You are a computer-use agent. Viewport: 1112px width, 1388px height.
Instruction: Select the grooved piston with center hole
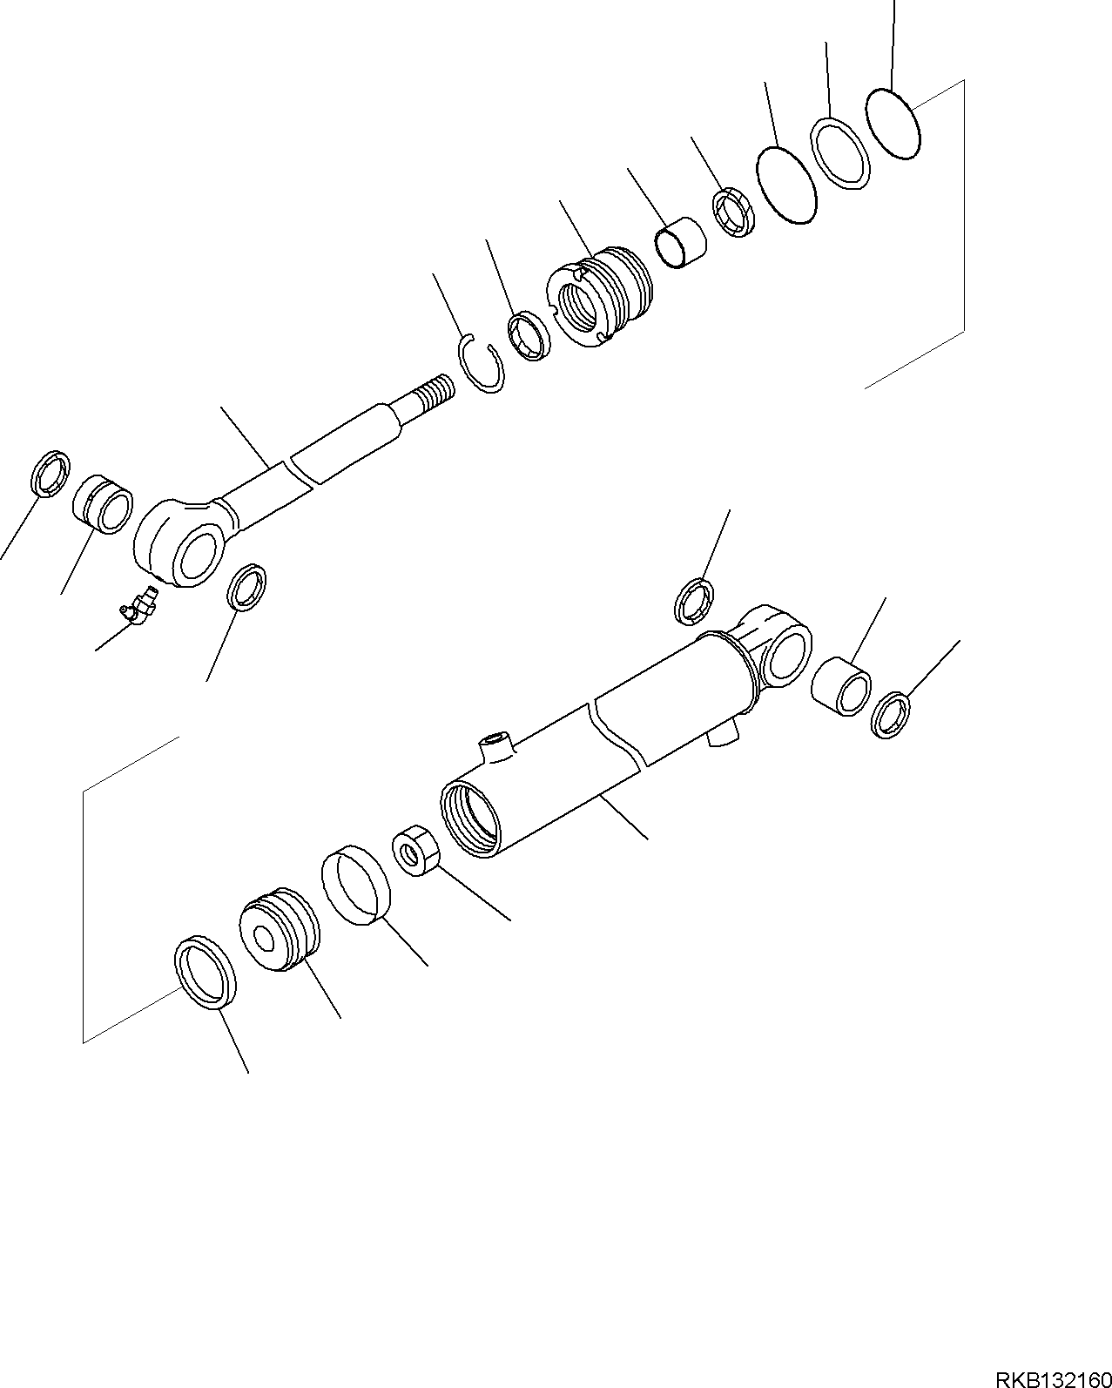[279, 932]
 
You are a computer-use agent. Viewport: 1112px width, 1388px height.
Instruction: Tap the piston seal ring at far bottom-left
[206, 974]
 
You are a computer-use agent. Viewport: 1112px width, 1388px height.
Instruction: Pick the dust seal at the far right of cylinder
[892, 713]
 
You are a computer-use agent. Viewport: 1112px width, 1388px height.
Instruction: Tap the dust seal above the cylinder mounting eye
[694, 601]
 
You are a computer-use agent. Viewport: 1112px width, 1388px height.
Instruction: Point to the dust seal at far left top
[50, 474]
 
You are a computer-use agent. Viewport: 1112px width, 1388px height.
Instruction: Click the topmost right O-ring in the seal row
[893, 124]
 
